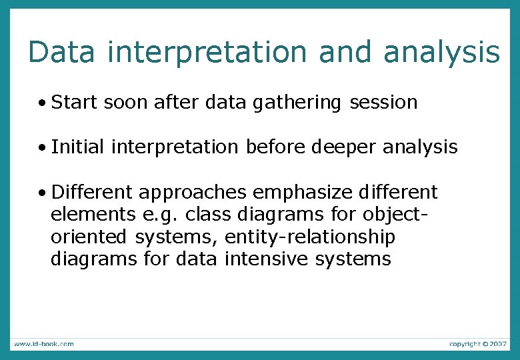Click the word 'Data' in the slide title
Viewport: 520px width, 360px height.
point(62,52)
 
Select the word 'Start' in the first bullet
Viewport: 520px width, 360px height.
point(74,103)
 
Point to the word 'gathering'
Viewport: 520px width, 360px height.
point(297,103)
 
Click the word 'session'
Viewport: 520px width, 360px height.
point(384,103)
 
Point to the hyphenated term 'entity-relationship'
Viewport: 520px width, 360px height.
point(310,237)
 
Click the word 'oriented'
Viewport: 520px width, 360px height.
point(89,237)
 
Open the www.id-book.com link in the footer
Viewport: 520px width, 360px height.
point(43,343)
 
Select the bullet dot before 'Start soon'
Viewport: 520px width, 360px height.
point(42,103)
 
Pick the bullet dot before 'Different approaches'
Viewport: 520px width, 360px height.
point(42,193)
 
